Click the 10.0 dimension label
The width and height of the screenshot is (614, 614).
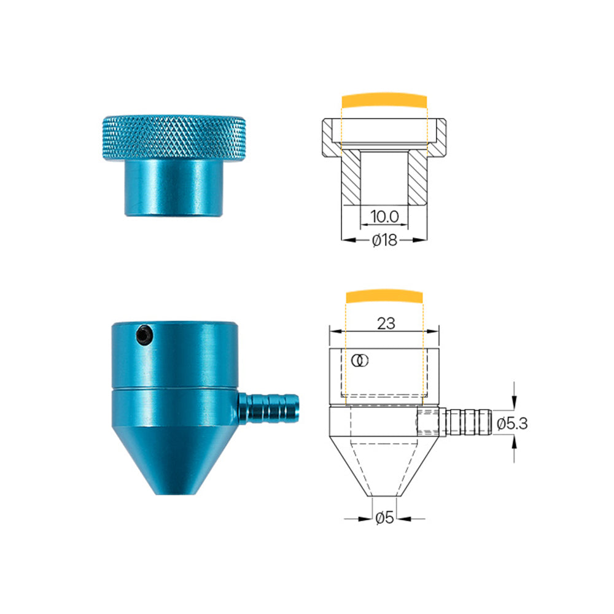pyautogui.click(x=385, y=216)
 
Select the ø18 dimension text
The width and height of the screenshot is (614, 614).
pyautogui.click(x=385, y=241)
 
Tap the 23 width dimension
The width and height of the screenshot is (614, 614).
pyautogui.click(x=386, y=324)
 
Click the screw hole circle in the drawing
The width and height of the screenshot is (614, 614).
pyautogui.click(x=360, y=360)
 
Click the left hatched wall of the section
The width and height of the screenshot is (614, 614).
pyautogui.click(x=351, y=179)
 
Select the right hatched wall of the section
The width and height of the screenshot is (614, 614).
pyautogui.click(x=418, y=179)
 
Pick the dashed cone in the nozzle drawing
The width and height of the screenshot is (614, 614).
pyautogui.click(x=384, y=467)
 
